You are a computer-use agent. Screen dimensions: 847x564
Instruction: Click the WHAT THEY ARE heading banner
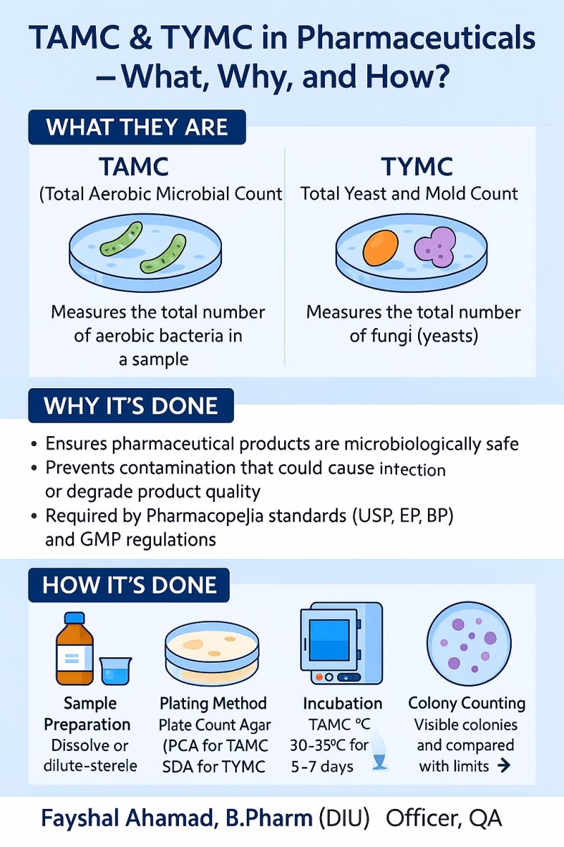pyautogui.click(x=137, y=128)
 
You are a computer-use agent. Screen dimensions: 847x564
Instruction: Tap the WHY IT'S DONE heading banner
pyautogui.click(x=130, y=406)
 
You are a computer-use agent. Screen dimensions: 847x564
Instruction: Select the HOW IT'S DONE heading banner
pyautogui.click(x=129, y=585)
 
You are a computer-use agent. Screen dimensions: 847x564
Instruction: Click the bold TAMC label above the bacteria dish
pyautogui.click(x=134, y=167)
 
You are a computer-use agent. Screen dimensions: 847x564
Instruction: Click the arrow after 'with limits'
pyautogui.click(x=503, y=766)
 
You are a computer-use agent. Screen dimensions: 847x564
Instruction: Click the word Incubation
pyautogui.click(x=343, y=704)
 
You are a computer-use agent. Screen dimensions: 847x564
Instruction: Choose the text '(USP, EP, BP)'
pyautogui.click(x=395, y=516)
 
